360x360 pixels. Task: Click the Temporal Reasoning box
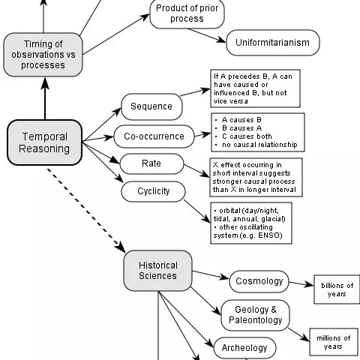tap(44, 142)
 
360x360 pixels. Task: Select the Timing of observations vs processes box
tap(43, 54)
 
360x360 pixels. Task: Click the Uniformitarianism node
tap(273, 43)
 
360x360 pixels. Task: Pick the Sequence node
tap(151, 106)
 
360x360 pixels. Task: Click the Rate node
tap(151, 163)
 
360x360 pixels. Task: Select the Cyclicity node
tap(154, 190)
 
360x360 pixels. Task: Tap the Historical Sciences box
tap(157, 270)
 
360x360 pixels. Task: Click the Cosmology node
tap(259, 281)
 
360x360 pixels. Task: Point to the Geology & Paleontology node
tap(256, 315)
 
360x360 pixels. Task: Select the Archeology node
tap(244, 348)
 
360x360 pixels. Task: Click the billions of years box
tap(335, 289)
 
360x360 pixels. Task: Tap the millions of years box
tap(333, 342)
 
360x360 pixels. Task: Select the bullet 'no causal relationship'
tap(259, 144)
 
